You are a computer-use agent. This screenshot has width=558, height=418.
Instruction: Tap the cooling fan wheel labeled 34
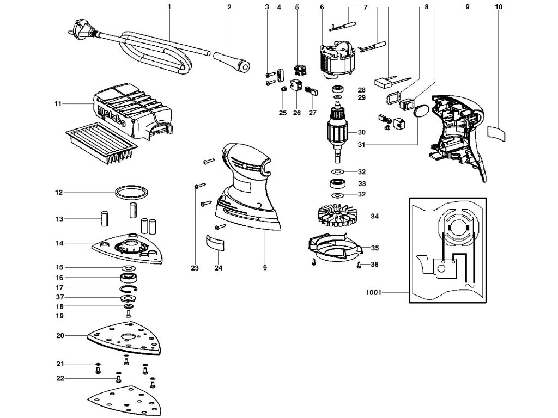[337, 216]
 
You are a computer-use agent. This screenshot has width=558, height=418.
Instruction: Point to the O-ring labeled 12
[131, 192]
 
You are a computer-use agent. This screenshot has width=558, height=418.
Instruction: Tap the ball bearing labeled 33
[336, 183]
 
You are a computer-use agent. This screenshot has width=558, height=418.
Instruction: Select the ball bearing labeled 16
[129, 278]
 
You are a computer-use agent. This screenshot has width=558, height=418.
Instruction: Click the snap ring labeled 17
[129, 287]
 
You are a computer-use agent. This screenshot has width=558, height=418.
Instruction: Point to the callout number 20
[60, 336]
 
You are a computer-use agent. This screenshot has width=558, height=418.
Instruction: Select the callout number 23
[195, 267]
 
